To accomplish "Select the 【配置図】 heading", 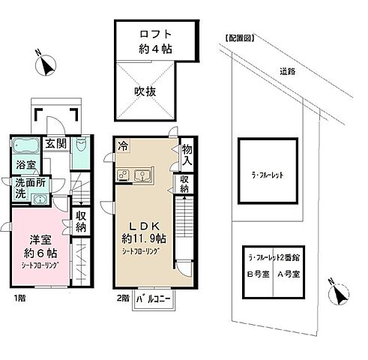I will pos(238,37).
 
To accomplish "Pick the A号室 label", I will pos(287,273).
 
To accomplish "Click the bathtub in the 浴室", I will pos(25,145).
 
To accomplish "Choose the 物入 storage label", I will pos(187,155).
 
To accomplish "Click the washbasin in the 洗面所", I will pos(37,198).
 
